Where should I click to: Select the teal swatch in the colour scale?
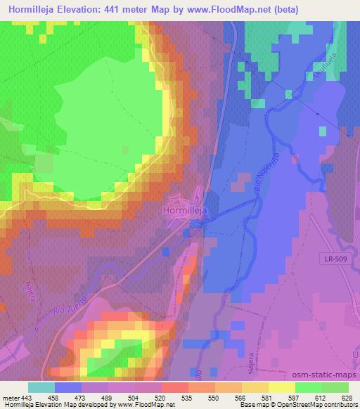[x=41, y=387]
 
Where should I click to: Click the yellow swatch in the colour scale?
[x=281, y=387]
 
